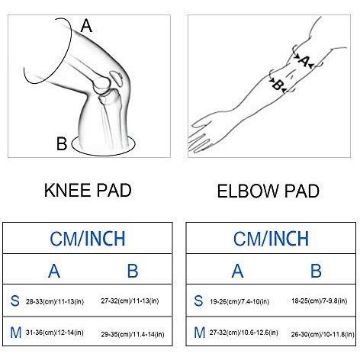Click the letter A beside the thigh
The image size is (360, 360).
(86, 26)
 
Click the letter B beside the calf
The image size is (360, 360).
(62, 143)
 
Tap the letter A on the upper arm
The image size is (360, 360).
(304, 61)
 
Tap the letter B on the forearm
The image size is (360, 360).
(277, 85)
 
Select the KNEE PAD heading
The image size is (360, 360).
(88, 190)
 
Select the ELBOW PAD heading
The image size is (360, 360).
(268, 191)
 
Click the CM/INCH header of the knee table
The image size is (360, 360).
(88, 239)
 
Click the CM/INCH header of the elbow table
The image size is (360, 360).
(271, 239)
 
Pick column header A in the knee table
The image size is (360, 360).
(54, 271)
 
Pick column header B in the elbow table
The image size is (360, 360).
(316, 271)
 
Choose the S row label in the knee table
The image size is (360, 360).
(15, 301)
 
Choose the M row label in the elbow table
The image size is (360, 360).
(200, 333)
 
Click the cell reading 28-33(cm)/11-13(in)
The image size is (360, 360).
(55, 302)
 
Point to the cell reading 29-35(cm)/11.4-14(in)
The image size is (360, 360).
(133, 334)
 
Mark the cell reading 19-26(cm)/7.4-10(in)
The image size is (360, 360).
(239, 302)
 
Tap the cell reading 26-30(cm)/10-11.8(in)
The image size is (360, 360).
(323, 334)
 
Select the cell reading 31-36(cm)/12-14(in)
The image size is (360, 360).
(54, 333)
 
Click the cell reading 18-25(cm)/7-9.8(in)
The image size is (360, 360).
(319, 301)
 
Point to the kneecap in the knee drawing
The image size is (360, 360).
(117, 78)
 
